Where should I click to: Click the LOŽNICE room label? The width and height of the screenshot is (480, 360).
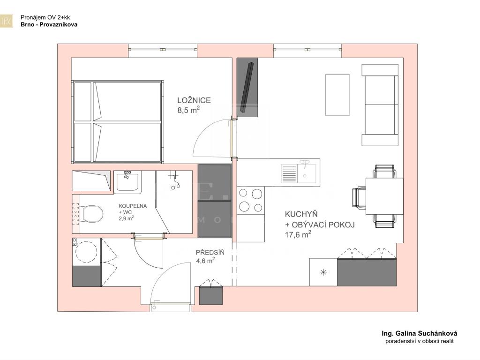click(x=194, y=100)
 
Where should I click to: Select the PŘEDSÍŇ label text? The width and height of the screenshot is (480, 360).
click(x=210, y=253)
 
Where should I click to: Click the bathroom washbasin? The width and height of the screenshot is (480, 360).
click(x=127, y=182)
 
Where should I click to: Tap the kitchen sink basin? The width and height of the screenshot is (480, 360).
click(x=307, y=173)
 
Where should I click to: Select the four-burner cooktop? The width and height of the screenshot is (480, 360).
click(x=251, y=200)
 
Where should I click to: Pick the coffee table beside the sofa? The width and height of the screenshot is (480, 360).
click(x=337, y=95)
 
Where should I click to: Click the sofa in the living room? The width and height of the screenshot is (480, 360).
click(x=380, y=105)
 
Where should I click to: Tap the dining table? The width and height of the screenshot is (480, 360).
click(x=384, y=196)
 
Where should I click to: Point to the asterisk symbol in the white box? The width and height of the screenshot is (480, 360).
click(x=323, y=272)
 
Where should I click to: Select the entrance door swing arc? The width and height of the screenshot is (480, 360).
click(x=162, y=273)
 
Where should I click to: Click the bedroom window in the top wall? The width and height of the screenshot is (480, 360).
click(x=163, y=50)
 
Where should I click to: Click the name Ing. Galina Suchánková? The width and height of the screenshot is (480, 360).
click(x=420, y=333)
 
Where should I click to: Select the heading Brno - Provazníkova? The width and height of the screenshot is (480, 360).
click(x=49, y=25)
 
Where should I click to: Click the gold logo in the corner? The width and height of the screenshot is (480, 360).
click(x=7, y=21)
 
